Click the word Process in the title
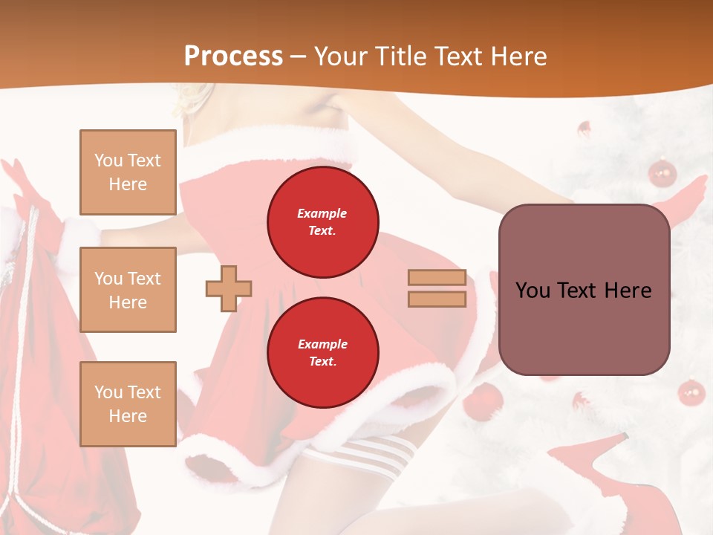(x=233, y=56)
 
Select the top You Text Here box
(x=128, y=172)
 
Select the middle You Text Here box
(x=128, y=290)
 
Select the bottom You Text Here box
(x=128, y=403)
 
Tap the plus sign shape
(x=229, y=288)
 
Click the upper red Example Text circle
(x=323, y=222)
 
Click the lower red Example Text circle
(x=323, y=353)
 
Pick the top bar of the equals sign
(x=437, y=278)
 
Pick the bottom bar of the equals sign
(x=437, y=299)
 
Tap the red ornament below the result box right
(x=691, y=392)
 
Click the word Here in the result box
(x=628, y=291)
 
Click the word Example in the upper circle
(x=322, y=213)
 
